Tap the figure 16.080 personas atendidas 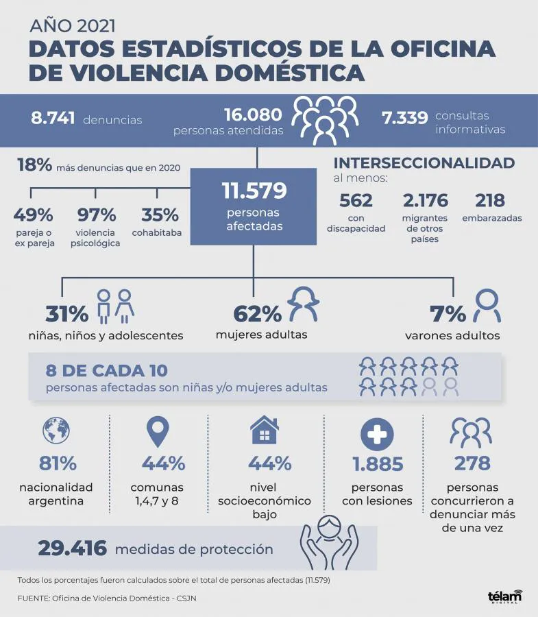tap(254, 114)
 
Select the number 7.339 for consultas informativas tap(404, 118)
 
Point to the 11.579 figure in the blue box tap(254, 191)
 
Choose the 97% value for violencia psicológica tap(95, 215)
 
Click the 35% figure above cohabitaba tap(160, 215)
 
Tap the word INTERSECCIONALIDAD tap(424, 163)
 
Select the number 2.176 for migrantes tap(425, 201)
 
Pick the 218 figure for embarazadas tap(489, 201)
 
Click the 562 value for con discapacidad tap(356, 201)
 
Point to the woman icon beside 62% tap(302, 305)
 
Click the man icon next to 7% tap(487, 306)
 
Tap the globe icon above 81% tap(56, 431)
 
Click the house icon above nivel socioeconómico tap(264, 431)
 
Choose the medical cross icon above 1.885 tap(376, 433)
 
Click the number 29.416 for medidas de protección tap(72, 548)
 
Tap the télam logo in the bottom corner tap(504, 596)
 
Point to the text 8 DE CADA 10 tap(106, 371)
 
